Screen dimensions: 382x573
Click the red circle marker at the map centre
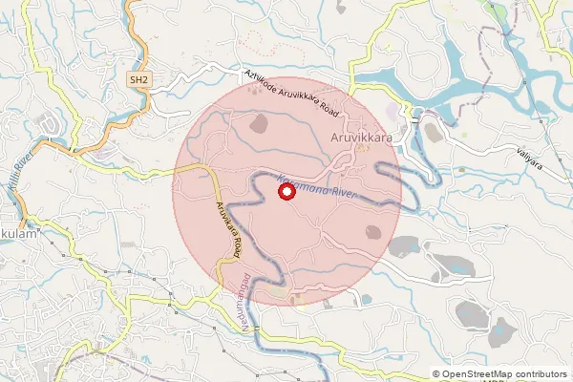286,192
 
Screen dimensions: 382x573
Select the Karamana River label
315,186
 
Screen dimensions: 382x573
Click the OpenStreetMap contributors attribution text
505,374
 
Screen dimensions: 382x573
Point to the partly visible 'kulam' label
18,234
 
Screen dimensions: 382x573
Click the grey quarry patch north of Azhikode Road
258,123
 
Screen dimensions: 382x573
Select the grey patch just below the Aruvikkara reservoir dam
432,133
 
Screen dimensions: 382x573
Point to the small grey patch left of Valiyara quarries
402,245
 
